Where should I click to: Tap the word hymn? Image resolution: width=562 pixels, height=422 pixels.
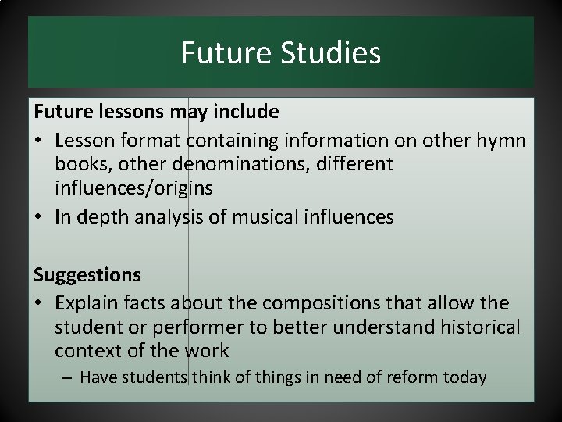503,142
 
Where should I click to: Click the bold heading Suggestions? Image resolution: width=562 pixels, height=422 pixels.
87,274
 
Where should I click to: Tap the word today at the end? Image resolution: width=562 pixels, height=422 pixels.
464,377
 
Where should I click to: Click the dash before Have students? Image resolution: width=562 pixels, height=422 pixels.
68,377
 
